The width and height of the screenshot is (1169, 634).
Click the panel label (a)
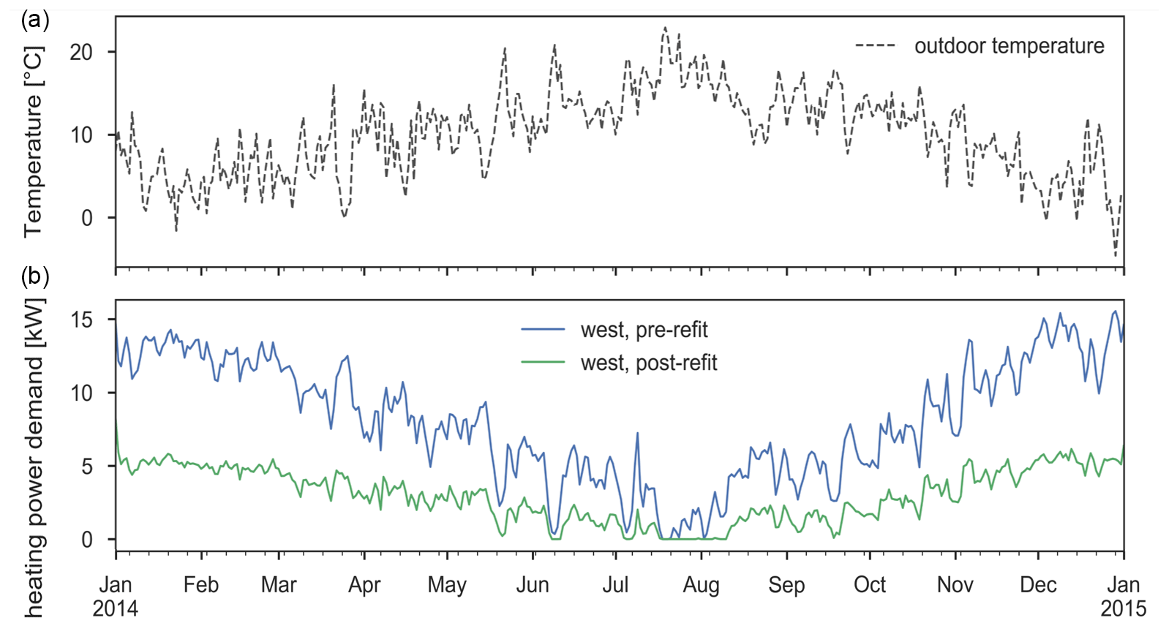click(x=35, y=20)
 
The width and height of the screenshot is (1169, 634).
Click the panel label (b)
click(x=35, y=276)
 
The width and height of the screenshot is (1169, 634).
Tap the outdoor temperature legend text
click(x=1009, y=46)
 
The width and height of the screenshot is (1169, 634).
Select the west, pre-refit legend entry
click(x=644, y=330)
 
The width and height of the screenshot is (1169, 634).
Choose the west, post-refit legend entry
click(x=648, y=363)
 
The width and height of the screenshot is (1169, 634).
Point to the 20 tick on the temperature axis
click(x=82, y=52)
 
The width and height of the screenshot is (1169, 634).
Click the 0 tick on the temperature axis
click(x=88, y=218)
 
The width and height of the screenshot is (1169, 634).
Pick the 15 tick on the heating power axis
click(x=82, y=320)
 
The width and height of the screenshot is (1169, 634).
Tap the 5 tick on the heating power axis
click(x=88, y=467)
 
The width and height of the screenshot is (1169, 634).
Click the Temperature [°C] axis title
click(x=34, y=142)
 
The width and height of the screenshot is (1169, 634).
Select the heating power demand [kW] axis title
click(x=34, y=457)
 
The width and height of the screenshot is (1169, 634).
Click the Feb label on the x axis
click(x=201, y=585)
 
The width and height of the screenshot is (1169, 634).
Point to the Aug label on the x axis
click(x=702, y=585)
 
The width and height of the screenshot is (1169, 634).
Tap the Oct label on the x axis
click(x=870, y=585)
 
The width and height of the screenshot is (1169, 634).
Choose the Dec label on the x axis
click(x=1039, y=585)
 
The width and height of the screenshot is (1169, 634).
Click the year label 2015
click(x=1124, y=608)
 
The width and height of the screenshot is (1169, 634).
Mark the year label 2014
click(x=116, y=608)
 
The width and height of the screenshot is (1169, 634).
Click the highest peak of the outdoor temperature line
click(x=665, y=28)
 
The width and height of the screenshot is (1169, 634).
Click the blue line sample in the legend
click(x=543, y=330)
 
